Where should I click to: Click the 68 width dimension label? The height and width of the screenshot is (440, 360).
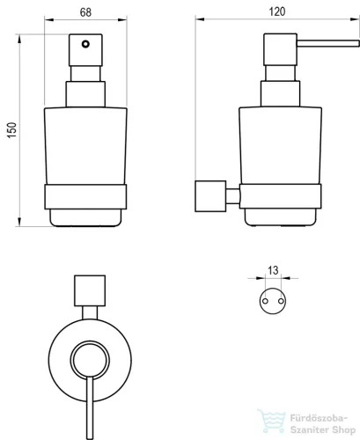click(85, 12)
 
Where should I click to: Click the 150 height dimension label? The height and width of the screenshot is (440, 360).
click(12, 130)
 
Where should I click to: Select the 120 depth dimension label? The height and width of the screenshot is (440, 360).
click(277, 11)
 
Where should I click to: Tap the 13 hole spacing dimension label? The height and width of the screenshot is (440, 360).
click(273, 270)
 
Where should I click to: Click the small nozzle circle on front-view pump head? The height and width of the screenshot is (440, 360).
click(85, 44)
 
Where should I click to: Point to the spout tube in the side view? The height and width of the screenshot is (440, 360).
click(328, 43)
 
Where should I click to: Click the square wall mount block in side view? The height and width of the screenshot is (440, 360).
click(210, 196)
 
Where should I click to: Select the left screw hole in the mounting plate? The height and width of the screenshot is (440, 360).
click(265, 301)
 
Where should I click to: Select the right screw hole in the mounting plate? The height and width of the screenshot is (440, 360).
click(281, 301)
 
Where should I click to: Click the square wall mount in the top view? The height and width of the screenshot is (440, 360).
click(90, 290)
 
